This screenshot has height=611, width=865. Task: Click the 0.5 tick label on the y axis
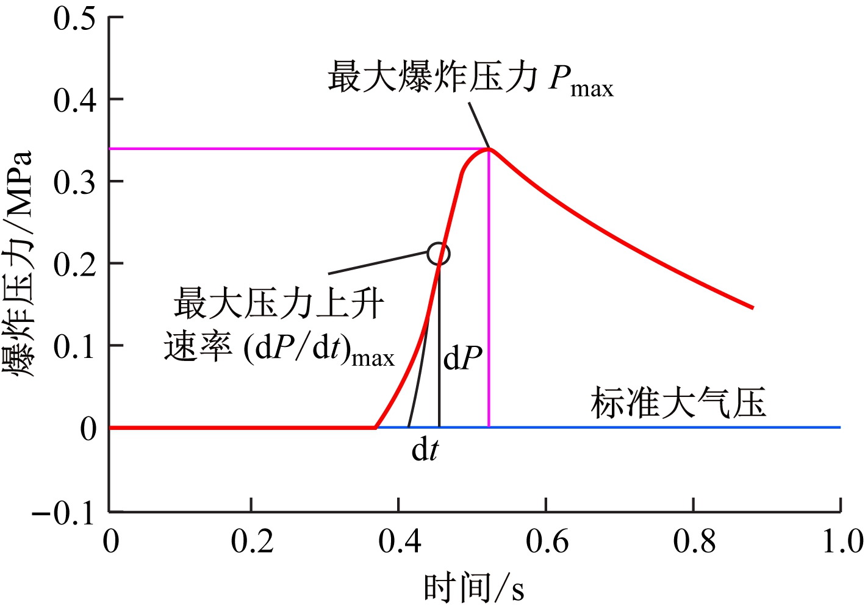[x=74, y=18]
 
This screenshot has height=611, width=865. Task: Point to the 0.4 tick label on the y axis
[x=74, y=100]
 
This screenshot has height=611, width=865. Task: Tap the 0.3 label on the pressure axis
[x=74, y=182]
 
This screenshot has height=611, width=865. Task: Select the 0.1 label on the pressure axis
[x=74, y=346]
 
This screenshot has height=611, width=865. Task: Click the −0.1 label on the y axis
[x=64, y=513]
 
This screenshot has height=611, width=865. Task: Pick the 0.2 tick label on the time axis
[x=251, y=541]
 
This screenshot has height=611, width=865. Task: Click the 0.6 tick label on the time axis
[x=547, y=541]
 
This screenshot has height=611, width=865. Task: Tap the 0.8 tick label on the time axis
[x=694, y=541]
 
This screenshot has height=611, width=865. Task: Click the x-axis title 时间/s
[x=474, y=589]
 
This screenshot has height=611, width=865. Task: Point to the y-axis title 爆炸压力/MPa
[x=20, y=263]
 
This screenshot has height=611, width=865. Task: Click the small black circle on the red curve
[x=439, y=254]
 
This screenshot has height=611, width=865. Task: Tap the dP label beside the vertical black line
[x=462, y=359]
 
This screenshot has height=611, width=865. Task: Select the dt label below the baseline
[x=425, y=451]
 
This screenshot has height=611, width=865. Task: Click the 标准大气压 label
[x=678, y=403]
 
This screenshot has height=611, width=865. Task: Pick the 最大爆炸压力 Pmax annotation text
[x=470, y=79]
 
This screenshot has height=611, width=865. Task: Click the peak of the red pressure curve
[x=489, y=148]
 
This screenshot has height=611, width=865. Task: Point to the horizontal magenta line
[x=293, y=149]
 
